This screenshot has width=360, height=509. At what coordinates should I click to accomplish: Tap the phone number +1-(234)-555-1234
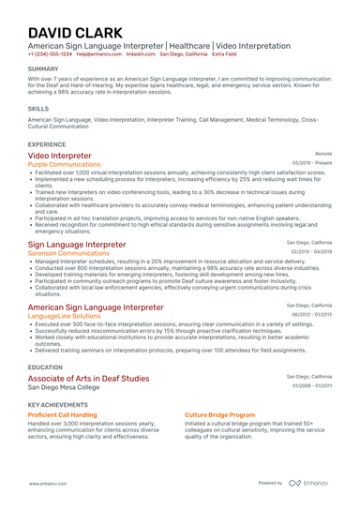pyautogui.click(x=50, y=54)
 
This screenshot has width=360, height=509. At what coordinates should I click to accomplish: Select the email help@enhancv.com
pyautogui.click(x=97, y=54)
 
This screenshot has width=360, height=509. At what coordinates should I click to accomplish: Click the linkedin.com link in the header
pyautogui.click(x=140, y=54)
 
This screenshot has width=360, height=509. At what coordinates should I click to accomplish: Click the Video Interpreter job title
pyautogui.click(x=60, y=156)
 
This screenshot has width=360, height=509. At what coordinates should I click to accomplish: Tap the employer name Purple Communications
pyautogui.click(x=64, y=164)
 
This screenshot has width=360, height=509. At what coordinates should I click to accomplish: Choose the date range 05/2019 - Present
pyautogui.click(x=312, y=163)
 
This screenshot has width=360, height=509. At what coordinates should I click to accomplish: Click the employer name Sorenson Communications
pyautogui.click(x=68, y=253)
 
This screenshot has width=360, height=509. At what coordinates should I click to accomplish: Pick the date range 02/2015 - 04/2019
pyautogui.click(x=311, y=252)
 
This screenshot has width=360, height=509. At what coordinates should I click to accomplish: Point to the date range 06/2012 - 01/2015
pyautogui.click(x=311, y=315)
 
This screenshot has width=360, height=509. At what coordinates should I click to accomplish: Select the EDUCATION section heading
pyautogui.click(x=45, y=367)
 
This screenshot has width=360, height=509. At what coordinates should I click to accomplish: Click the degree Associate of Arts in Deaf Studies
pyautogui.click(x=88, y=378)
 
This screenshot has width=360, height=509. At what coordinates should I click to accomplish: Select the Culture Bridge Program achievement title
pyautogui.click(x=219, y=413)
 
